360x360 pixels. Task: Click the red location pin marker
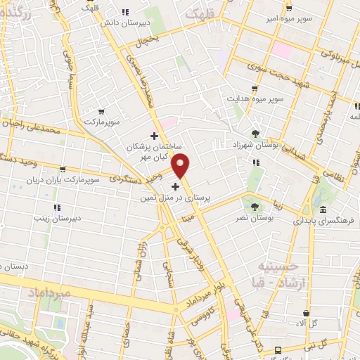tap(181, 165)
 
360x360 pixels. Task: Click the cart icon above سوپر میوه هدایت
tap(255, 89)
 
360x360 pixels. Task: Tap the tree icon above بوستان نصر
tap(255, 206)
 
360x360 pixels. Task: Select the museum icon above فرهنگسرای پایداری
tap(323, 210)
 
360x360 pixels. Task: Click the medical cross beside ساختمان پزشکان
tap(154, 136)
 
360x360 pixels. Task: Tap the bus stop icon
tap(279, 349)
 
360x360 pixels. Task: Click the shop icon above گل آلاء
tap(306, 313)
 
